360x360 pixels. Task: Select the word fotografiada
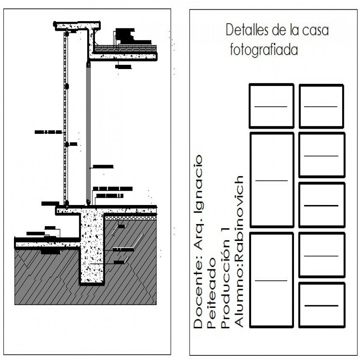[x=264, y=50]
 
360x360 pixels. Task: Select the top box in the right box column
[x=321, y=106]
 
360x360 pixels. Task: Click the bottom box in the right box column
[x=321, y=305]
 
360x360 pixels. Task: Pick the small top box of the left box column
[x=271, y=106]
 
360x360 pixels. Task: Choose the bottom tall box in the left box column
[x=271, y=280]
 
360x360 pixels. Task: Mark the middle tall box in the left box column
[x=271, y=180]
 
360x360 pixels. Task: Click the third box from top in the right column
[x=321, y=205]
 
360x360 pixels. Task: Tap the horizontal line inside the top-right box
[x=321, y=106]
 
